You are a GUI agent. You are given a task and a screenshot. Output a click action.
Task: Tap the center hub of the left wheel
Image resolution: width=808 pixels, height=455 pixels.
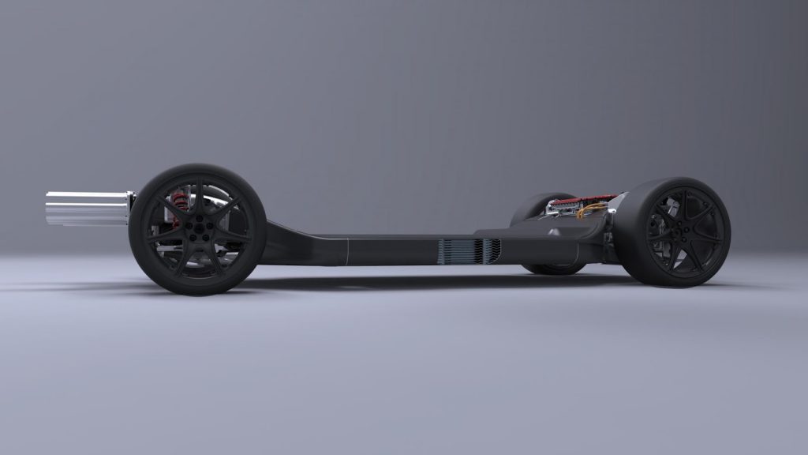point(197,230)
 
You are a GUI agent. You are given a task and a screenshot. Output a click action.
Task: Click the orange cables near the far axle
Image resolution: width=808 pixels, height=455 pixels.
point(590,211)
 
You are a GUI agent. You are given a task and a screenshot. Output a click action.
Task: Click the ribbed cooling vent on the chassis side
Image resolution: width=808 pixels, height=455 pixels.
point(469,250)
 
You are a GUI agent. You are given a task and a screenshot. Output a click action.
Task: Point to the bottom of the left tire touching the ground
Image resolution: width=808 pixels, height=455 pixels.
point(197,292)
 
